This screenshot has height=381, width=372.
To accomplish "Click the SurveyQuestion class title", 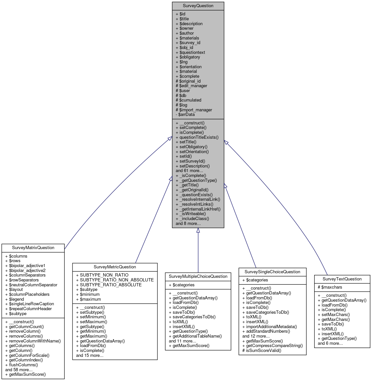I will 198,6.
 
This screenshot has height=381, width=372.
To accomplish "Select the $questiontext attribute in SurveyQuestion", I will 192,52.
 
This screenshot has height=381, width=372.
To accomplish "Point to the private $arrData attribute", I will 186,115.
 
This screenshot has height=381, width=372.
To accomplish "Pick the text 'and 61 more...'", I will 189,170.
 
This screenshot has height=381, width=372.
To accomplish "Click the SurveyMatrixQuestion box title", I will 33,248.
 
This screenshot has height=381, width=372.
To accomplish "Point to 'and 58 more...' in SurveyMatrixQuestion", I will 19,370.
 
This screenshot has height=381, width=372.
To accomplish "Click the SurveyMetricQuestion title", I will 115,267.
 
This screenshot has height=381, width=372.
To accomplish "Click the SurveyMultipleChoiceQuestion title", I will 198,277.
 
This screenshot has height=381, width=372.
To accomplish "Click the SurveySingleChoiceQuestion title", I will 272,272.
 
